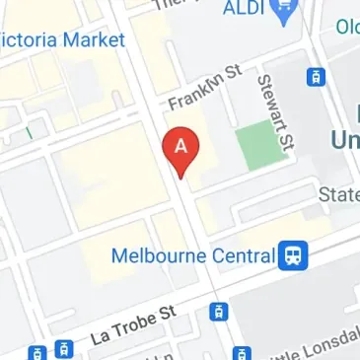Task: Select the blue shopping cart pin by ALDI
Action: coord(287,13)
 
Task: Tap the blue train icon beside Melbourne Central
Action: coord(293,256)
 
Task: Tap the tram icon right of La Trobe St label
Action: coord(218,312)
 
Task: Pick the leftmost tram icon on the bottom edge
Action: coord(36,352)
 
